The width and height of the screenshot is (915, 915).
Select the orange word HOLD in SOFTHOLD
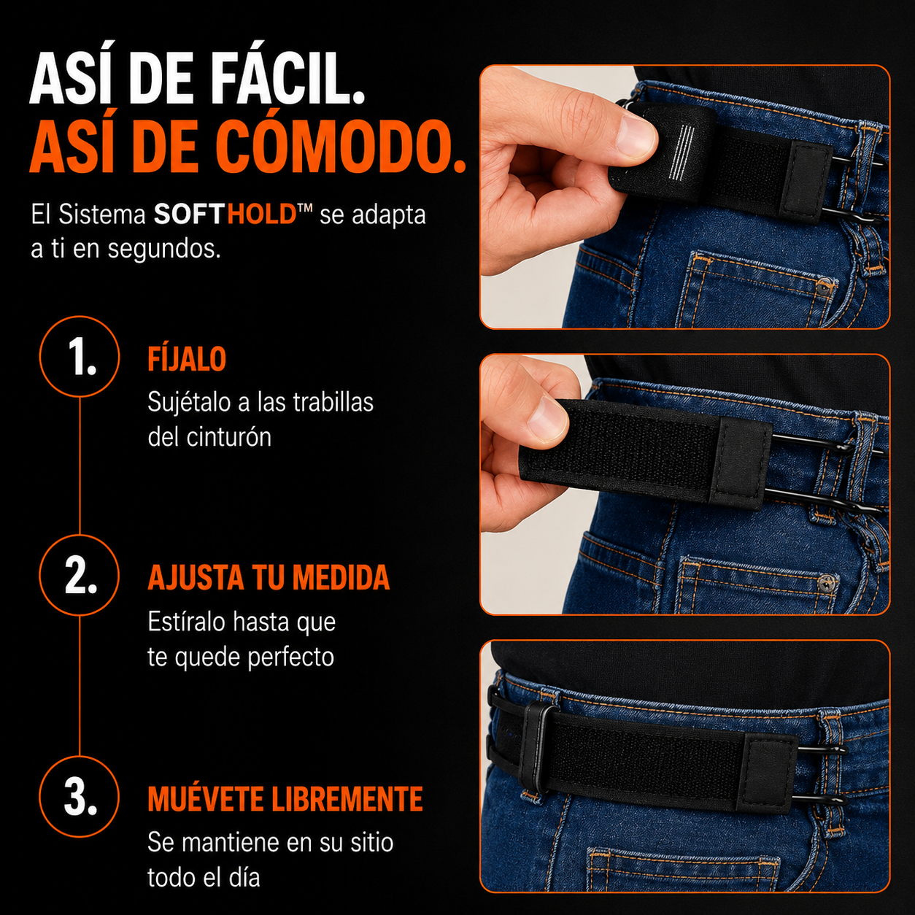point(262,214)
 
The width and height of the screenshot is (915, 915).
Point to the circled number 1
point(80,356)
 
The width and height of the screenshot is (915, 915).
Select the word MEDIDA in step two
point(341,578)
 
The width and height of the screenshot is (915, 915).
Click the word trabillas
point(333,402)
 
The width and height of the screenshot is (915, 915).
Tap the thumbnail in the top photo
point(636,136)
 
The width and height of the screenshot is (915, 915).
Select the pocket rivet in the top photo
point(825,286)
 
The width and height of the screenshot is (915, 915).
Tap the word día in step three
point(245,878)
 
